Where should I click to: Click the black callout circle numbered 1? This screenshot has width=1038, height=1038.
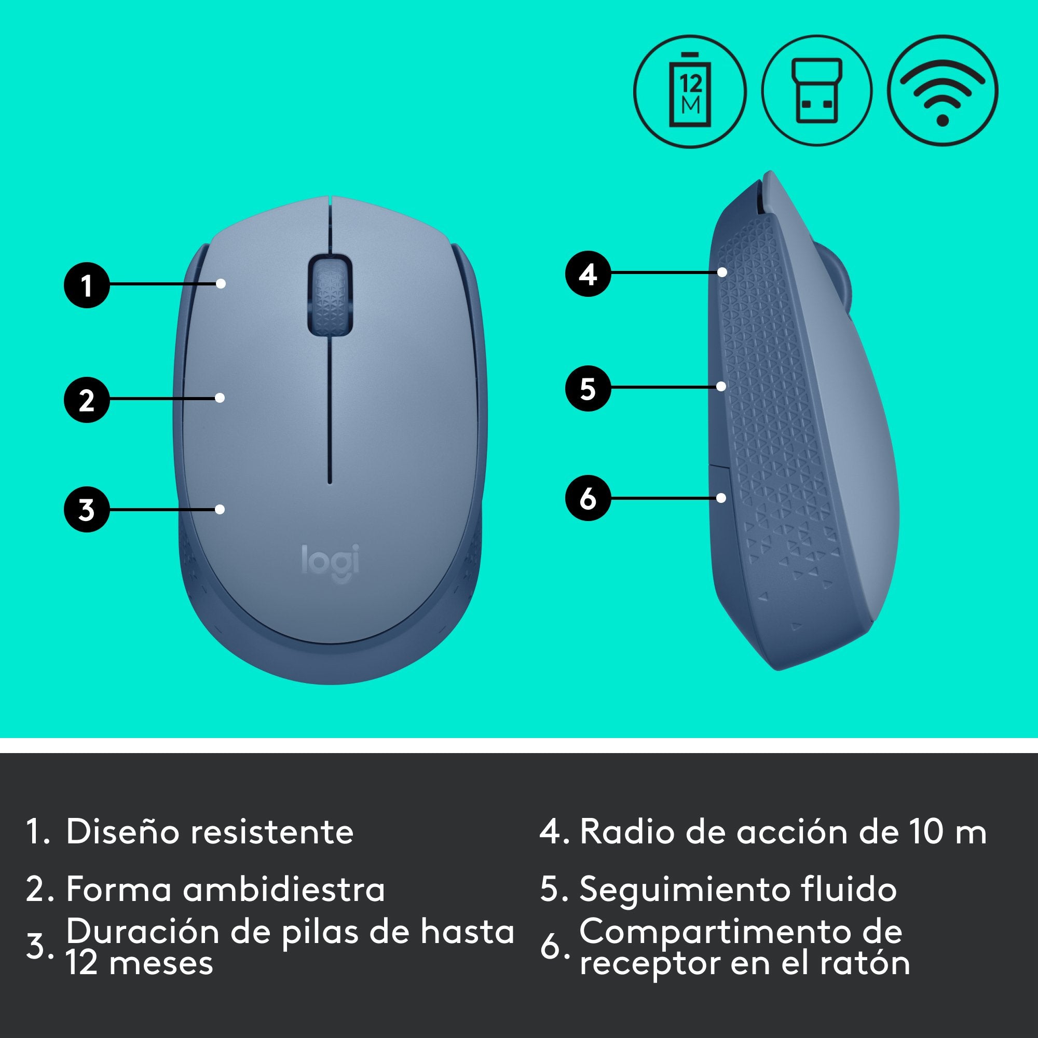87,285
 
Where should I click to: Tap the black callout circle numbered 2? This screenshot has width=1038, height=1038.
87,400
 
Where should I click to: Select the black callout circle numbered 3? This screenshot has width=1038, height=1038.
87,509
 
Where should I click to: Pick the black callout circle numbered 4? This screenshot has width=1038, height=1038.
588,274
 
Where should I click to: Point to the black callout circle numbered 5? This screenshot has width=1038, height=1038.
588,388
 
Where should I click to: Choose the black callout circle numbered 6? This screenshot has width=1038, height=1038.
588,498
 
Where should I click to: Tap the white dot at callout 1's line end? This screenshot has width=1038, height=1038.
221,283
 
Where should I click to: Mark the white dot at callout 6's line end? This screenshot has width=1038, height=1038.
721,498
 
